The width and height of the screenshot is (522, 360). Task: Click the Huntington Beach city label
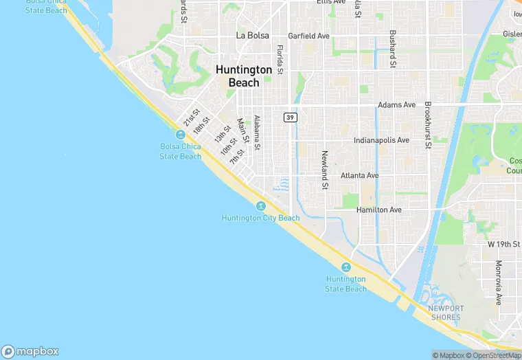pos(244,76)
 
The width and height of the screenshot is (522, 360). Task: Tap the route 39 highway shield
pos(290,117)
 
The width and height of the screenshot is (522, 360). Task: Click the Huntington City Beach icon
pos(261,206)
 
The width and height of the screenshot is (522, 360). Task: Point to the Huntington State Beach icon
pos(346,267)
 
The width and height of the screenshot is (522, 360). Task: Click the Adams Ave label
pos(397,105)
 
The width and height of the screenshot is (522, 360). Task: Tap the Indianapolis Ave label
pos(381,140)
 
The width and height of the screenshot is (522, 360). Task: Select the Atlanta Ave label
pos(378,175)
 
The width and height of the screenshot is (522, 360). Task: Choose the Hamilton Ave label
pos(378,210)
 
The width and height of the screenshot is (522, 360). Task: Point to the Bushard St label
pos(392,49)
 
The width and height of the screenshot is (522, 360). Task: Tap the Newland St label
pos(325,166)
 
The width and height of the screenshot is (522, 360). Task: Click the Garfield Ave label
pos(309,35)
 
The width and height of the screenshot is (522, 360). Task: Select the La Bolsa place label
pos(252,35)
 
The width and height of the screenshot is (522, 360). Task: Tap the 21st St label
pos(191,117)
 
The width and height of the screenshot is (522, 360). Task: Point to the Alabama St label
pos(257,132)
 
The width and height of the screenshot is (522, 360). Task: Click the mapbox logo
pos(30,351)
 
